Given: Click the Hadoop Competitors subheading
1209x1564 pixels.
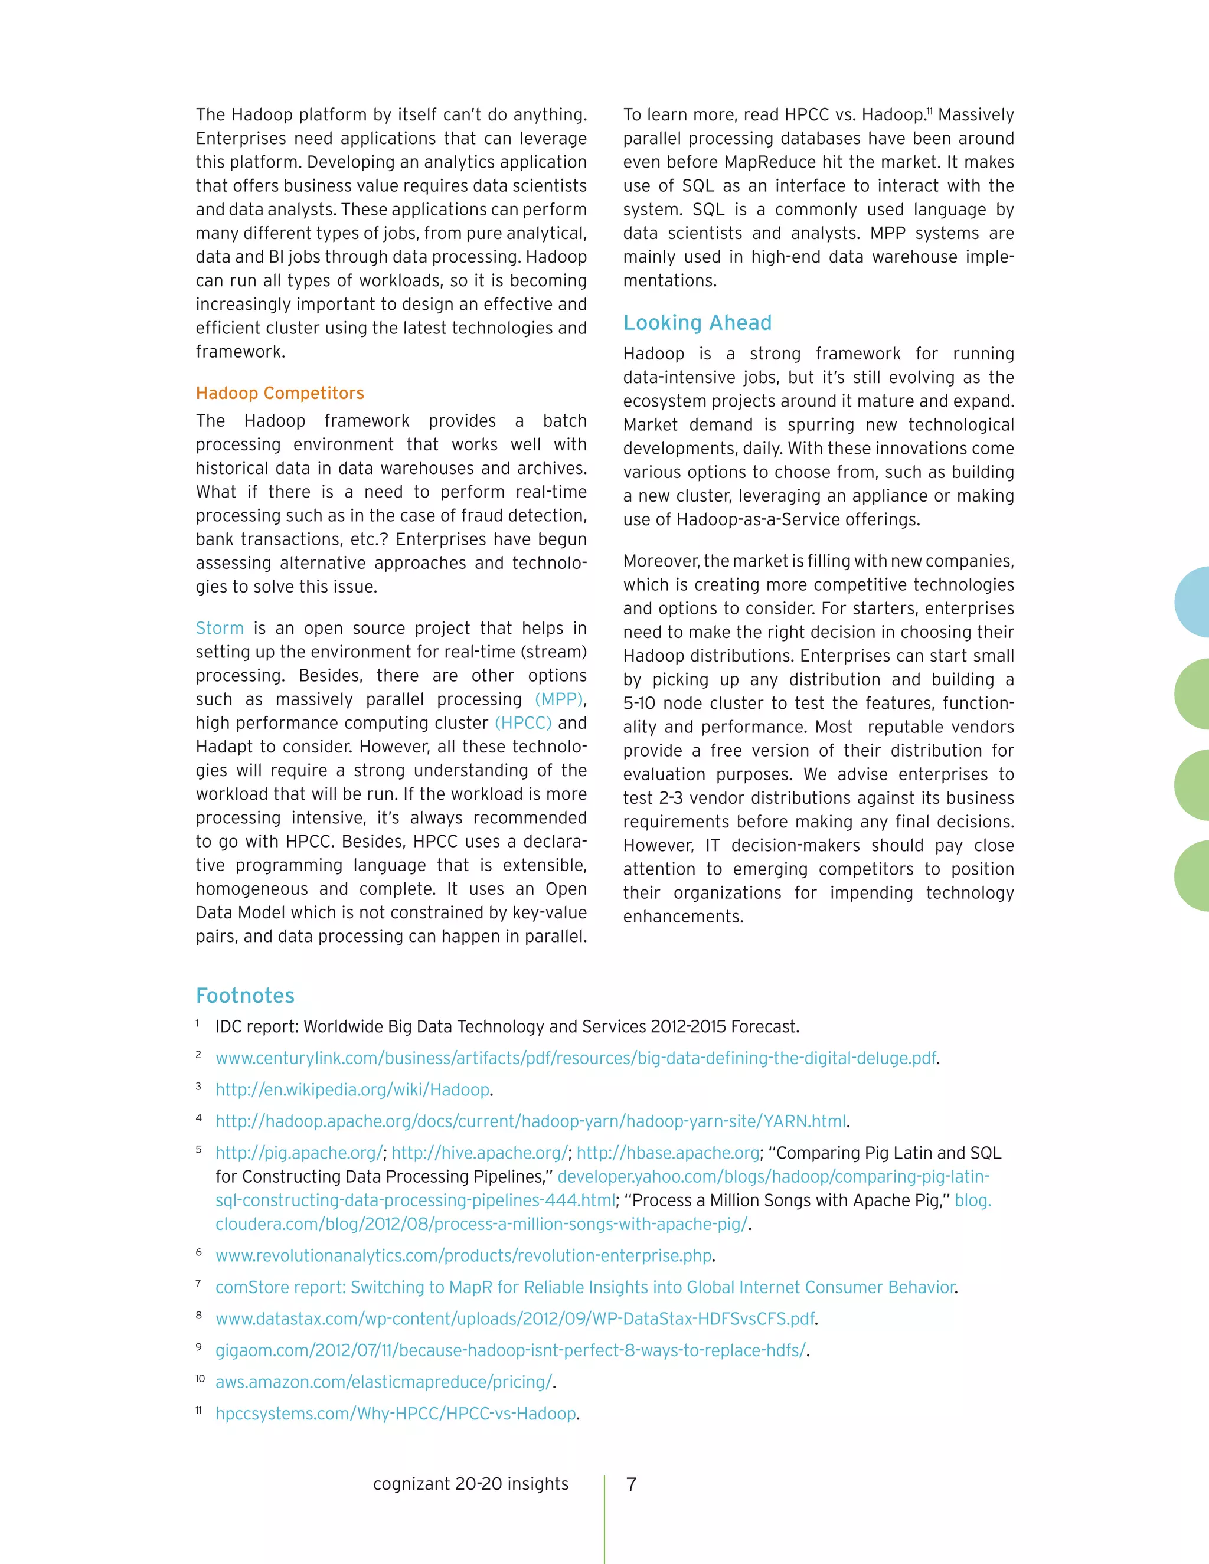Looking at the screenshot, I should [279, 393].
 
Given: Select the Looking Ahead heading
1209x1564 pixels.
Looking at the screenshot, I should [697, 323].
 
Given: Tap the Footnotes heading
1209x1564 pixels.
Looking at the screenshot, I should [245, 996].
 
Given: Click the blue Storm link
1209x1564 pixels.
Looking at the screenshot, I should [220, 628].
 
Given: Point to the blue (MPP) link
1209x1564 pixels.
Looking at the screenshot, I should [558, 699].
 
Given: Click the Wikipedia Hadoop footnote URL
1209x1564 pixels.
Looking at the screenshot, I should [352, 1090].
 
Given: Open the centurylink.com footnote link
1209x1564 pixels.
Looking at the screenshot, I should [576, 1058].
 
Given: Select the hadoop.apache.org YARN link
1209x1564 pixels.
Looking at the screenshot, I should [531, 1121].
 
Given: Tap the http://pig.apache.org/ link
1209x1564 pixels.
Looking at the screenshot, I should [299, 1153].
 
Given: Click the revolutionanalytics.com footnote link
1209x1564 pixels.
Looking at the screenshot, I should [463, 1256].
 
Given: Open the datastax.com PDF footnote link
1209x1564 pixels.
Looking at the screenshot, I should [515, 1319].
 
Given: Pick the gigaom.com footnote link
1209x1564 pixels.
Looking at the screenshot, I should [511, 1350].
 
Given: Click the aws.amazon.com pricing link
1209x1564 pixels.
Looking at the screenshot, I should [384, 1382].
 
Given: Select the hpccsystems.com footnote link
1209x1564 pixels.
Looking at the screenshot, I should [396, 1414].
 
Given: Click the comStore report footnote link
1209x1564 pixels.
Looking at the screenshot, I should [585, 1288].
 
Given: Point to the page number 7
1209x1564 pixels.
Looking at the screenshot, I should [631, 1484].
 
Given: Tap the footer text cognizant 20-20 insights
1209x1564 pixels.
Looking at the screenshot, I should [470, 1484].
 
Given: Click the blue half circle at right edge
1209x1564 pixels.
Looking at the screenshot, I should [1192, 602].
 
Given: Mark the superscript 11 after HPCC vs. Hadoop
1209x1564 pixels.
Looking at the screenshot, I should [930, 112].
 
